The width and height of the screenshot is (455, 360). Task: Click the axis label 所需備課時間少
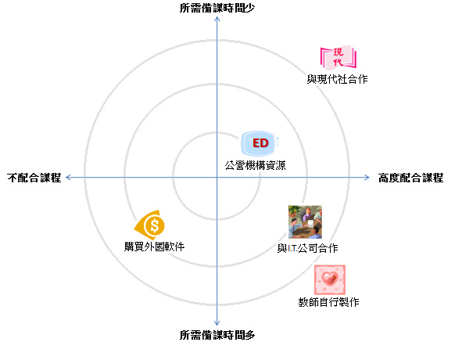217,8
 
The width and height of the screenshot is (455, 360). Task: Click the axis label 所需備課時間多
217,335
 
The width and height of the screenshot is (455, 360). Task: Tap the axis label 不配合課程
34,178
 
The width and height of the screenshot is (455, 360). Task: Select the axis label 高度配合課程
410,178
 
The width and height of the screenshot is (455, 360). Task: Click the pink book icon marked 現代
338,58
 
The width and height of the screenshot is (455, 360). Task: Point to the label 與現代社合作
337,79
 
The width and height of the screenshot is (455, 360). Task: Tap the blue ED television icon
260,143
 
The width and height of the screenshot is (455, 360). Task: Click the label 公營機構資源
255,165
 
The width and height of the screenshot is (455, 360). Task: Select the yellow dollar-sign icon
150,225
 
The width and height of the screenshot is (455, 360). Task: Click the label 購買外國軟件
154,247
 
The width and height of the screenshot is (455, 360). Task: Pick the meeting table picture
305,222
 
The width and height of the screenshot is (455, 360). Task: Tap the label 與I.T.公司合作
307,248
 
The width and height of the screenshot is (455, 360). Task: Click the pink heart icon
330,279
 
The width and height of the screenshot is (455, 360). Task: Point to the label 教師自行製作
328,302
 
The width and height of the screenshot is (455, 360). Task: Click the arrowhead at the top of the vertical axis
217,19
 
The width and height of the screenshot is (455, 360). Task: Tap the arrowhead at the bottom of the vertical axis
217,323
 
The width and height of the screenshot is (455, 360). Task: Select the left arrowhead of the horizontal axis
68,177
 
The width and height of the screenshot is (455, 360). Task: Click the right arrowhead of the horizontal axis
367,177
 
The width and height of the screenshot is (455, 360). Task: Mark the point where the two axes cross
217,177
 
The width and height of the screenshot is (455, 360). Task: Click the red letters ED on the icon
260,143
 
